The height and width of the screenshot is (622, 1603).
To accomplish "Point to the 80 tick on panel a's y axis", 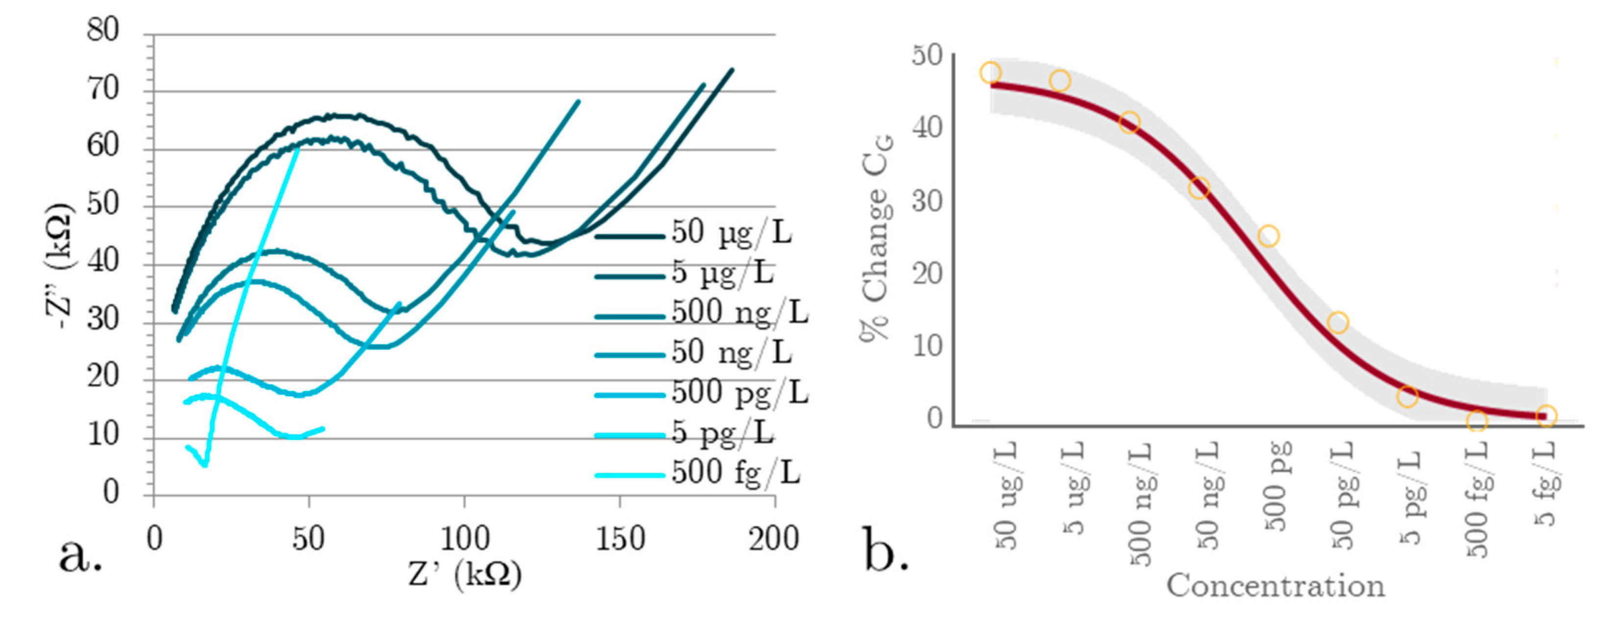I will [x=103, y=30].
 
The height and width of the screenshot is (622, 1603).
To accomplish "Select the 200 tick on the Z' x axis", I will [x=773, y=539].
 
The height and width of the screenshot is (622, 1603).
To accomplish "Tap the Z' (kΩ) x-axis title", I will [x=464, y=576].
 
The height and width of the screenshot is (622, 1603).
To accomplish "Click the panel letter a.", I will [x=80, y=555].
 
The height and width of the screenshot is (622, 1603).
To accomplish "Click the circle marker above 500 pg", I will [x=1268, y=236].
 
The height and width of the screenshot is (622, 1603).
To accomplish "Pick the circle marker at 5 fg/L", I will [x=1546, y=415].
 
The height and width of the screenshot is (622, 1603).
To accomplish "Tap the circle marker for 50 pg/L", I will [x=1338, y=322].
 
